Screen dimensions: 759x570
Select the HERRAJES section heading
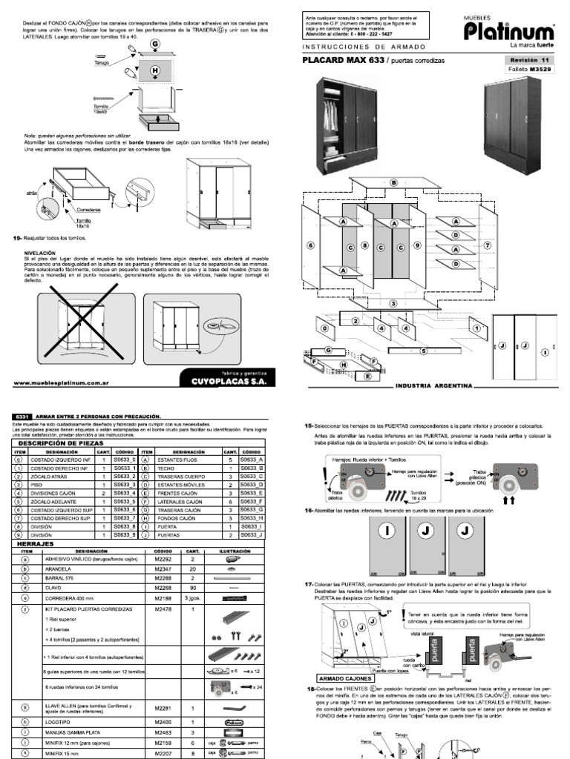point(34,543)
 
